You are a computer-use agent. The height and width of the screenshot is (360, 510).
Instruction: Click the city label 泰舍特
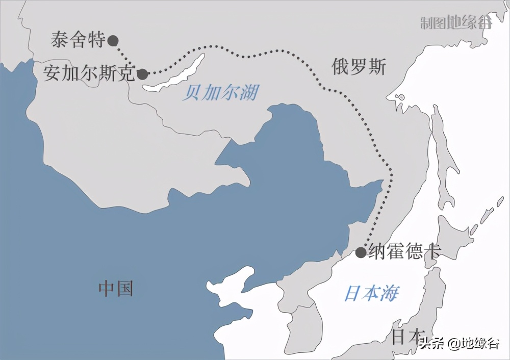tap(78, 40)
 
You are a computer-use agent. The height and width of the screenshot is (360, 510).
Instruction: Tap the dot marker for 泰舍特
tap(113, 40)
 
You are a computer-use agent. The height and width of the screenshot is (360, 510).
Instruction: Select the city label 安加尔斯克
tap(89, 73)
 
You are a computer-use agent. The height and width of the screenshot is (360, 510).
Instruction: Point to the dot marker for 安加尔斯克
tap(143, 74)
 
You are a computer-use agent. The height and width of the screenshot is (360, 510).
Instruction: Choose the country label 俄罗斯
tap(359, 67)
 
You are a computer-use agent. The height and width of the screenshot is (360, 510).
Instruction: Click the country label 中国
tap(116, 289)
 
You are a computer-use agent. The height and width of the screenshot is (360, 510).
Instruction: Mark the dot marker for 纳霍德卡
tap(361, 252)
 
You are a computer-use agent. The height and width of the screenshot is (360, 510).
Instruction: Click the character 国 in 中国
tap(124, 289)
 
